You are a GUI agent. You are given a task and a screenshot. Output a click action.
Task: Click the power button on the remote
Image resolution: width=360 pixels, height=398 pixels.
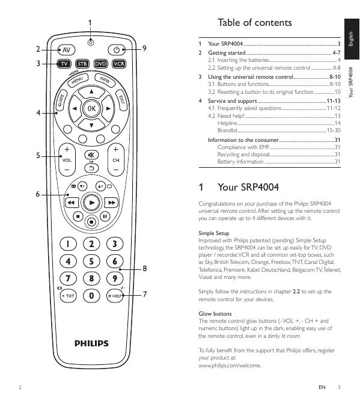click(x=117, y=50)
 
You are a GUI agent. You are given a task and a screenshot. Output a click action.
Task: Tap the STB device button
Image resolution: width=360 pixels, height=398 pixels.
click(x=82, y=64)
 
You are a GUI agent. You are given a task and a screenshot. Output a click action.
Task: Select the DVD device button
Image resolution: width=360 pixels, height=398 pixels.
click(x=100, y=64)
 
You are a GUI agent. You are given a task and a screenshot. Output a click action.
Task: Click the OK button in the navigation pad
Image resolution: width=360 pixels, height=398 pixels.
click(x=91, y=109)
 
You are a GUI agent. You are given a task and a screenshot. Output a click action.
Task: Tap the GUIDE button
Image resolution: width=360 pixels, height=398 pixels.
click(x=61, y=100)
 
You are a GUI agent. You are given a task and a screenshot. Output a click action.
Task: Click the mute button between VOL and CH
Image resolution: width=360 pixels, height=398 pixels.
click(x=91, y=155)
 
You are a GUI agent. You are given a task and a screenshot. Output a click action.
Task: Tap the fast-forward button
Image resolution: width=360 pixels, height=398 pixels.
click(x=111, y=203)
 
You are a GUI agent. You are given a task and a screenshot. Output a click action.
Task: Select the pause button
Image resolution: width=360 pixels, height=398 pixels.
click(x=105, y=216)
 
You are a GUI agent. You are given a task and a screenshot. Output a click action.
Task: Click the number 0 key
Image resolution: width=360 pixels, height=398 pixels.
click(x=91, y=296)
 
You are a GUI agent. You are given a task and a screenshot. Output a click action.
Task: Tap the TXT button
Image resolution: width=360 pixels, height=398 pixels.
click(x=69, y=296)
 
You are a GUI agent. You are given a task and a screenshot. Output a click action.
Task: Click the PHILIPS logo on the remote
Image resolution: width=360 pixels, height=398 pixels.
click(x=91, y=343)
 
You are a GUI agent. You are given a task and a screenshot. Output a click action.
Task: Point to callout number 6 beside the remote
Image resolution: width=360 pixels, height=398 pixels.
click(x=38, y=194)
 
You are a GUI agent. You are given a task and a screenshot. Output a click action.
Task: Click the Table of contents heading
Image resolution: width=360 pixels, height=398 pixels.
click(x=255, y=23)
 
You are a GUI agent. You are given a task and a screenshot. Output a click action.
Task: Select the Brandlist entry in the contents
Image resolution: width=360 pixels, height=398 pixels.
click(x=228, y=130)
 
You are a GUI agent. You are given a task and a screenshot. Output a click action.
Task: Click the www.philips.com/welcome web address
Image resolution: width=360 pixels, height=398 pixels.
click(x=230, y=366)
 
